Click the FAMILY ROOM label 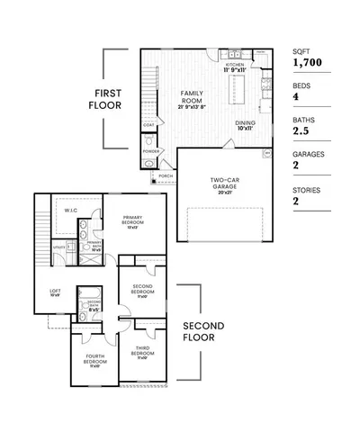point(192,97)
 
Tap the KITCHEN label point(235,66)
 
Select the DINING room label point(246,124)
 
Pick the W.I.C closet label point(71,211)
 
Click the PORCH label point(166,176)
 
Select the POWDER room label point(150,151)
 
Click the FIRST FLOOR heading point(117,99)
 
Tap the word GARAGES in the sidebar point(307,153)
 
